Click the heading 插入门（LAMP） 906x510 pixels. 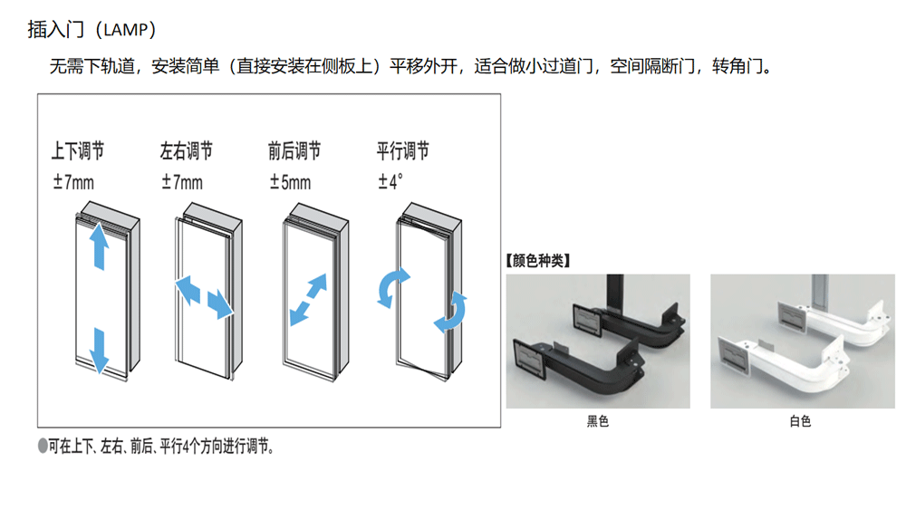pyautogui.click(x=92, y=30)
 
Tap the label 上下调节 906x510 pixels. pyautogui.click(x=77, y=150)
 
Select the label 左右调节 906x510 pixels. pyautogui.click(x=186, y=150)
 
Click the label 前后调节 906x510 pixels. pyautogui.click(x=294, y=150)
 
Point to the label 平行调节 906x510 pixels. pyautogui.click(x=403, y=150)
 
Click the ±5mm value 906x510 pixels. pyautogui.click(x=290, y=182)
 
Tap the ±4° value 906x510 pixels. pyautogui.click(x=390, y=182)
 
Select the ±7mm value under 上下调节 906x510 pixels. pyautogui.click(x=73, y=182)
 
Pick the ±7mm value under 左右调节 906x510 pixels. pyautogui.click(x=182, y=182)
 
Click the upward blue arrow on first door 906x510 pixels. pyautogui.click(x=100, y=246)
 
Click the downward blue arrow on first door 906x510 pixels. pyautogui.click(x=100, y=351)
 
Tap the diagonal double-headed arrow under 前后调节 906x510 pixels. pyautogui.click(x=308, y=300)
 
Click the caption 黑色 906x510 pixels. pyautogui.click(x=597, y=421)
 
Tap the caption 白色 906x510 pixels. pyautogui.click(x=800, y=421)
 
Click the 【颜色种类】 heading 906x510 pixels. pyautogui.click(x=538, y=261)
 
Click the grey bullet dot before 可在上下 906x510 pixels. pyautogui.click(x=43, y=446)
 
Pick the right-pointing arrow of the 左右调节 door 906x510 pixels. pyautogui.click(x=219, y=303)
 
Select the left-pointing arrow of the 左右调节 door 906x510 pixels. pyautogui.click(x=188, y=290)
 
